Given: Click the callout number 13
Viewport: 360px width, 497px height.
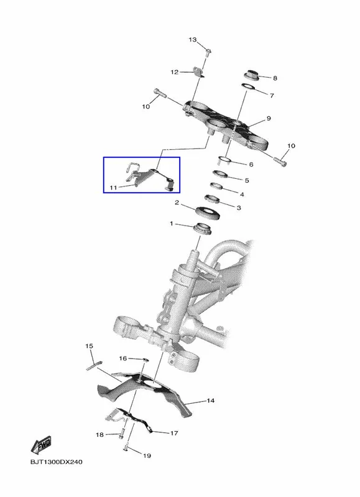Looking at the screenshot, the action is [193, 40].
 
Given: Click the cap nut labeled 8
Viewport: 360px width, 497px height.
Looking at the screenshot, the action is [252, 75].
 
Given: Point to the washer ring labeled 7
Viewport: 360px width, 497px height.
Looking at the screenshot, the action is [248, 87].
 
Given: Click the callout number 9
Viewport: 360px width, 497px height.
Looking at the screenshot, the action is [269, 118].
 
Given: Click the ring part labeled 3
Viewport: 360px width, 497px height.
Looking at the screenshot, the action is [212, 199].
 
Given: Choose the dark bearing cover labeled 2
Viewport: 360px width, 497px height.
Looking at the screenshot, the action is [207, 212].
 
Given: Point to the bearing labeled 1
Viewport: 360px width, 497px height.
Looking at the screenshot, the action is [202, 229].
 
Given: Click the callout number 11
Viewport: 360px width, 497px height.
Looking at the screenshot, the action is [114, 188].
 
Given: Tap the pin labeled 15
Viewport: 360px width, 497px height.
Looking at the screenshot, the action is [94, 365].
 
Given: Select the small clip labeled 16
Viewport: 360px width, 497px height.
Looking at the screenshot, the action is [145, 360].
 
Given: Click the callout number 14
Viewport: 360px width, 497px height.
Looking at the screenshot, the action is [211, 401].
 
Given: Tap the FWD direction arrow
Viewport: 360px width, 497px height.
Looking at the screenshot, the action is [41, 445].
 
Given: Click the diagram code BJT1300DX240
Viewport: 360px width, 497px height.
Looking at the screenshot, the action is [56, 462].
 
